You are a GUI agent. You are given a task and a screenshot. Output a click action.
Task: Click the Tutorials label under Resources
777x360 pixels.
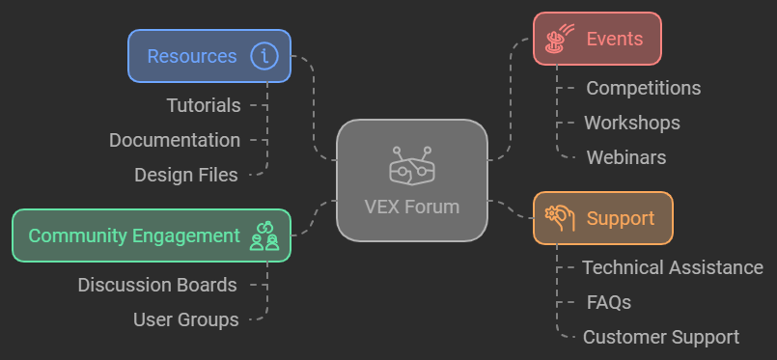pos(203,105)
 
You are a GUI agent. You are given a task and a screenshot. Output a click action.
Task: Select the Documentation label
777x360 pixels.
pos(175,140)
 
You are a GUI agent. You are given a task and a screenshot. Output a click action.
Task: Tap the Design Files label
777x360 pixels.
pos(186,175)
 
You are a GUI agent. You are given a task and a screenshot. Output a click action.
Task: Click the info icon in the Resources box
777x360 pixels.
pos(264,56)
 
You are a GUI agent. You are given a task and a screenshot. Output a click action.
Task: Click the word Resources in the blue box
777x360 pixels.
pos(191,56)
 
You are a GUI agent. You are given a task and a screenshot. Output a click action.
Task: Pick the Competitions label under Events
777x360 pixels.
pos(644,88)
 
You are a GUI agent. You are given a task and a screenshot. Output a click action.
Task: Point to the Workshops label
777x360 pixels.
pos(632,123)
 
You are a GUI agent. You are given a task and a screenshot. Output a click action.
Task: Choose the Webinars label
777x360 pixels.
pos(626,157)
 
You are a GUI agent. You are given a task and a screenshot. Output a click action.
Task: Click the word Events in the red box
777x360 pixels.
pos(614,39)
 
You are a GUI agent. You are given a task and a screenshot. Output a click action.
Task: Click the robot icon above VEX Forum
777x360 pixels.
pos(412,166)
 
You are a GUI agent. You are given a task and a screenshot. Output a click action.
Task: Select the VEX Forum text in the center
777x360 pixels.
pos(412,207)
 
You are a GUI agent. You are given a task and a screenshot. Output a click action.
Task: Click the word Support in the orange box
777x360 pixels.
pos(621,218)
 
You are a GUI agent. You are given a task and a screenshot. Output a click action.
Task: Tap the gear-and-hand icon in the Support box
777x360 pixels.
pos(560,217)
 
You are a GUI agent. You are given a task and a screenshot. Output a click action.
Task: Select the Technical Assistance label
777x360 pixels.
pos(673,267)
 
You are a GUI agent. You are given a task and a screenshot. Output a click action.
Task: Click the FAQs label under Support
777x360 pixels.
pos(609,302)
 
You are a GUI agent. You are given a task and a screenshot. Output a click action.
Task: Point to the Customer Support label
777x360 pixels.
pos(661,337)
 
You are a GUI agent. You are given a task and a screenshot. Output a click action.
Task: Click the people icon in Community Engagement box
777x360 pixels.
pos(264,235)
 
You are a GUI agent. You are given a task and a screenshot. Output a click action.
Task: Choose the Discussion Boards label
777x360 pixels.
pos(157,285)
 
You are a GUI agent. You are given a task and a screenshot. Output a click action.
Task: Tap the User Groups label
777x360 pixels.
pos(185,319)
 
